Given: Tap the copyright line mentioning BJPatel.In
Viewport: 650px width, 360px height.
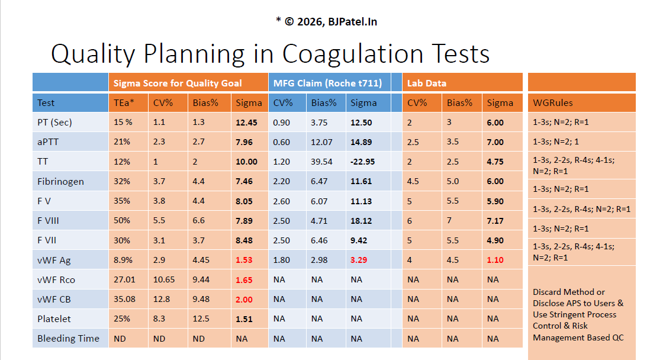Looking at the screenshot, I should click(326, 22).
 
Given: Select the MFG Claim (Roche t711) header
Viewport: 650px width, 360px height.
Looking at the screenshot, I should click(327, 83).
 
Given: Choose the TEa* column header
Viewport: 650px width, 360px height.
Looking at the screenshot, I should click(124, 102).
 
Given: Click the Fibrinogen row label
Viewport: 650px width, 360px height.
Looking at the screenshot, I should click(60, 181).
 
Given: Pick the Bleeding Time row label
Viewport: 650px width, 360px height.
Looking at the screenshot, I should click(68, 339).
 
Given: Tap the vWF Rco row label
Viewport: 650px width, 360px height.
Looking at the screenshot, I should click(56, 279).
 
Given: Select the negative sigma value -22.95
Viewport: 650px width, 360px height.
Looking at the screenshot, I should click(363, 162).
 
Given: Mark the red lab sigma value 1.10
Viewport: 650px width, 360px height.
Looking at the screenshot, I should click(495, 260).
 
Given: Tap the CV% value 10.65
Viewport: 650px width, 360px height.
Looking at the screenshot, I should click(163, 279).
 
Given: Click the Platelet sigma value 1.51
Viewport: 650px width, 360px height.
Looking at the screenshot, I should click(244, 319).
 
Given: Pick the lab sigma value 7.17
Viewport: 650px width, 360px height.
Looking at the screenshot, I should click(495, 221).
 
